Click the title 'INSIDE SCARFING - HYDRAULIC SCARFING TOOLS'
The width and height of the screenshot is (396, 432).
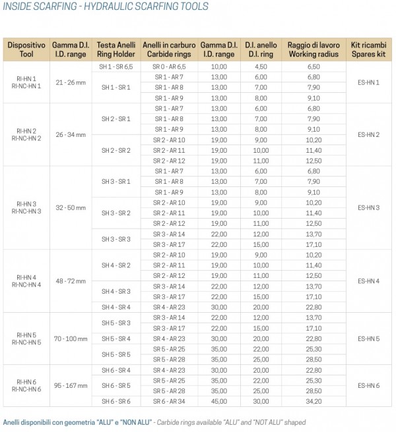(106, 7)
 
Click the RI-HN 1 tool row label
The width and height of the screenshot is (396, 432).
(28, 82)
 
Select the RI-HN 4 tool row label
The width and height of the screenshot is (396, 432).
(28, 281)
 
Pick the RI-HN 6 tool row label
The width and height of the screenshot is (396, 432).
(28, 385)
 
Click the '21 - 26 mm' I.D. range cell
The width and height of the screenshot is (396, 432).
(71, 82)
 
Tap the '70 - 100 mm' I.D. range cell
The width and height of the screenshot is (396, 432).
(71, 338)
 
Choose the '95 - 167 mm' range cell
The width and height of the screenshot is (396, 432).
(71, 385)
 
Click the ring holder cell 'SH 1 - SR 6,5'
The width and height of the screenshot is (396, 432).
(116, 67)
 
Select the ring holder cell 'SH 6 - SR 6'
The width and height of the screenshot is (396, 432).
(116, 401)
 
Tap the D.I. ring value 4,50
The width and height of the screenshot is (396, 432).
(261, 67)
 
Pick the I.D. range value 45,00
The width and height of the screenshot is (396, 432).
(218, 401)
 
